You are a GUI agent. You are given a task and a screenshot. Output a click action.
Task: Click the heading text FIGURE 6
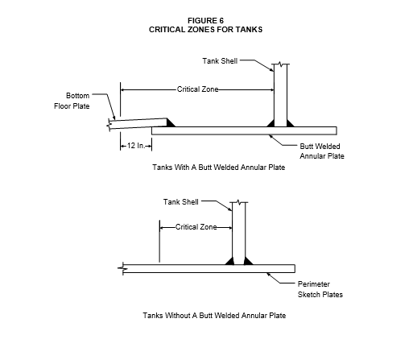coord(205,21)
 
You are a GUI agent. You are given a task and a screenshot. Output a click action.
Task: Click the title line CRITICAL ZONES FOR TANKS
coord(205,30)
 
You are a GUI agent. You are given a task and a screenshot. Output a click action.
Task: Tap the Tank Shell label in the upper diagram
coord(220,61)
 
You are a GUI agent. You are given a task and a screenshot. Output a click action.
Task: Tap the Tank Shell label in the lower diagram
coord(181,202)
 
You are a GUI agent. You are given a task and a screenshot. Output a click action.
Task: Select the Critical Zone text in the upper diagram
coord(197,89)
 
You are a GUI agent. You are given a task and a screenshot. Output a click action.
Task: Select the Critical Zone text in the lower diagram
coord(196,227)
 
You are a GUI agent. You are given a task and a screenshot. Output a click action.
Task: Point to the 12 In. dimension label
coord(136,146)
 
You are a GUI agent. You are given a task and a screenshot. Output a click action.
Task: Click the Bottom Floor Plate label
coord(72,101)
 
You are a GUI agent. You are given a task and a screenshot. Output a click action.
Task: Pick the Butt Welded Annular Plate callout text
coord(322,151)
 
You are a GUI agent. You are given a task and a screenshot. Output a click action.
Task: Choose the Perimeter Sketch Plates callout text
coord(320,289)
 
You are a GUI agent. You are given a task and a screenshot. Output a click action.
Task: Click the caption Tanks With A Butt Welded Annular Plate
coord(219,168)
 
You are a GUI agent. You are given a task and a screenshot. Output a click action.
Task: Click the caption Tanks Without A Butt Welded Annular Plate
coord(214,316)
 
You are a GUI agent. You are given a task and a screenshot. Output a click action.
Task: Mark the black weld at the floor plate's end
coord(171,123)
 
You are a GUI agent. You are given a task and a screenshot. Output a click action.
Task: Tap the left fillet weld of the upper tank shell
coord(271,124)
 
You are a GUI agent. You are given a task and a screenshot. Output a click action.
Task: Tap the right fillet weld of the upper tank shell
coord(290,124)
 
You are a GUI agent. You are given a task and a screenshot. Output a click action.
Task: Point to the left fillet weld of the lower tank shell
coord(230,262)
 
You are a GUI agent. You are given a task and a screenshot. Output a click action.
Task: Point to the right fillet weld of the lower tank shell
coord(248,262)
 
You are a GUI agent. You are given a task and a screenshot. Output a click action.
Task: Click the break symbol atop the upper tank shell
coord(280,64)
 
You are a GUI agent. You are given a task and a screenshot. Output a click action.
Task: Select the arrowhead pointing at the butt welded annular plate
coord(271,137)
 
